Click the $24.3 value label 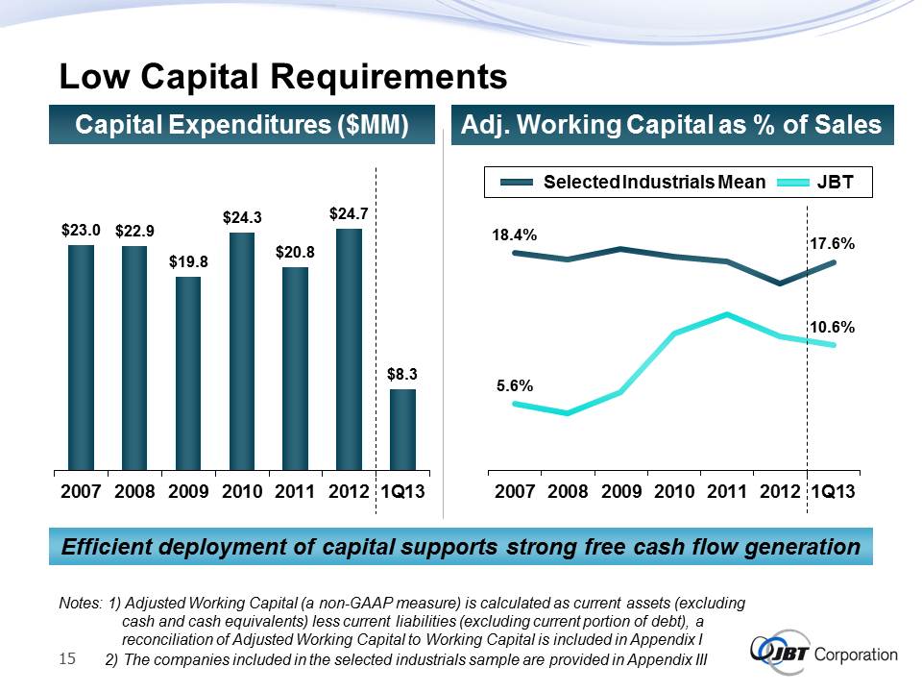[243, 219]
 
